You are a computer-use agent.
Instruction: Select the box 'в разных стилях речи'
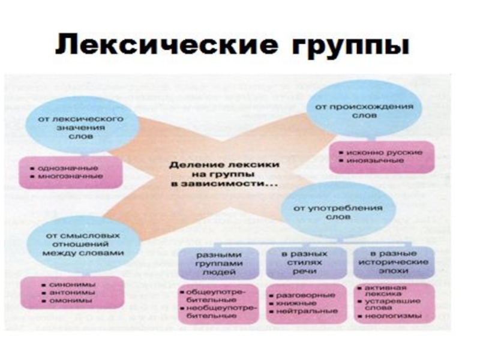(x=305, y=262)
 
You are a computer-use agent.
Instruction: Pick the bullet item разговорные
(x=307, y=296)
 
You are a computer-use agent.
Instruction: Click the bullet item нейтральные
(x=307, y=311)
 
